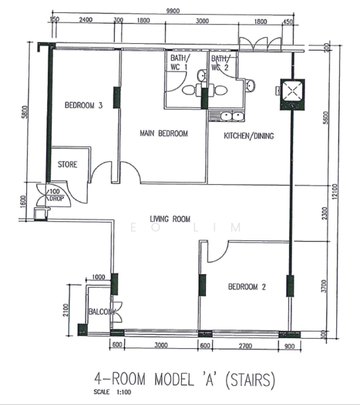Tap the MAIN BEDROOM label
[163, 134]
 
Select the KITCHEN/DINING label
[249, 136]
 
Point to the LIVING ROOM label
[170, 219]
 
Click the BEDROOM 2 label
[247, 287]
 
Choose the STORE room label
[67, 164]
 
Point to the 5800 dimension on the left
[25, 111]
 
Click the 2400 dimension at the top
[86, 22]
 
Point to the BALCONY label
[101, 312]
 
